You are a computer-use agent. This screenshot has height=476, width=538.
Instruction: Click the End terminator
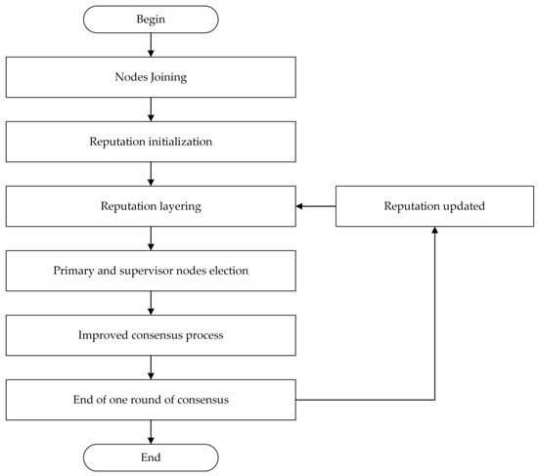[x=151, y=455]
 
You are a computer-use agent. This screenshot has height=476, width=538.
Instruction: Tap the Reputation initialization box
[x=151, y=141]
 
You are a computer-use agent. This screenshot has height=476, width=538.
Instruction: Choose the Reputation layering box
[x=151, y=206]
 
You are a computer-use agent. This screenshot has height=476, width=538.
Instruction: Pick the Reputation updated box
[x=433, y=206]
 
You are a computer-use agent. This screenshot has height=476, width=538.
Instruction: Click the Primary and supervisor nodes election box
[x=151, y=270]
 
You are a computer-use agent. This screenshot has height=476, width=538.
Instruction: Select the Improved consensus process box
[x=151, y=334]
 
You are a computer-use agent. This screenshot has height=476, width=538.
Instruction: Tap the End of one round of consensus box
[x=151, y=399]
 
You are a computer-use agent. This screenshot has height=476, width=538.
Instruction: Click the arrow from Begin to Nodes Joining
[x=151, y=45]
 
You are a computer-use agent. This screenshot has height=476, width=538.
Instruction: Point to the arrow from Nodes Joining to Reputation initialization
[x=151, y=108]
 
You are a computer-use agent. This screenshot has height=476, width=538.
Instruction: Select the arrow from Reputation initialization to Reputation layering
[x=151, y=174]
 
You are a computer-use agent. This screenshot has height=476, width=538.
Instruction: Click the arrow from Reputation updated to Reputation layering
[x=315, y=206]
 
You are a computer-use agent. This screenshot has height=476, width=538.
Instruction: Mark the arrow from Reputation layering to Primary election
[x=151, y=238]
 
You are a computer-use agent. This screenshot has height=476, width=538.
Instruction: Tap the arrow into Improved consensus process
[x=151, y=303]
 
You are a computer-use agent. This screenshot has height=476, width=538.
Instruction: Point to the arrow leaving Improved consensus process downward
[x=151, y=368]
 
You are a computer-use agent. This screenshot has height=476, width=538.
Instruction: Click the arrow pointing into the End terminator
[x=151, y=431]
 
